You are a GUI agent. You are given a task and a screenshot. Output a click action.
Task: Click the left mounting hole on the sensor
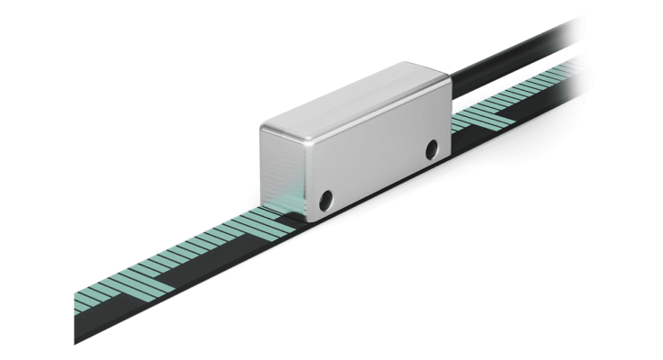click(327, 197)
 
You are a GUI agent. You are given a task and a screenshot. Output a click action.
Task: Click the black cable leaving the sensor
click(504, 63)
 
